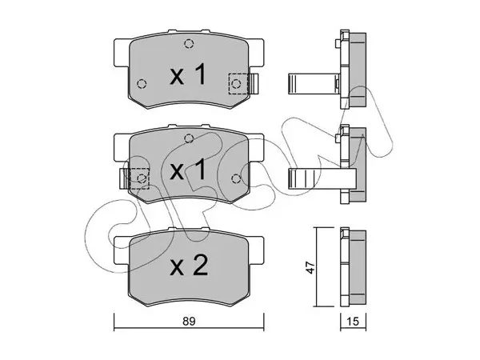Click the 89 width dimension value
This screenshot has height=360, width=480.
pos(189,322)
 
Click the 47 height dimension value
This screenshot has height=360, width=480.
pos(311,267)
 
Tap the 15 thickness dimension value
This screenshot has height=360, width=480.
pos(353,322)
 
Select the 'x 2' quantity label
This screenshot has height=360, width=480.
pos(189,266)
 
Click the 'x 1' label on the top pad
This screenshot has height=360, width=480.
pos(188,75)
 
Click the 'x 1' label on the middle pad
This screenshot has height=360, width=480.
pos(188,170)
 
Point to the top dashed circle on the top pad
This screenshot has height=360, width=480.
pos(189,44)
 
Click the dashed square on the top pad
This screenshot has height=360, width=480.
pos(238,83)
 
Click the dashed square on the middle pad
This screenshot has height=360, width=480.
pos(138,178)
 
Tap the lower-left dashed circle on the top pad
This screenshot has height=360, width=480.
pos(142,83)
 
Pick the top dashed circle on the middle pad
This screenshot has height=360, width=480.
pos(189,138)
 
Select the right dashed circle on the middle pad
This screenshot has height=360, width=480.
pos(236,178)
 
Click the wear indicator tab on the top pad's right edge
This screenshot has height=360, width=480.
pos(254,83)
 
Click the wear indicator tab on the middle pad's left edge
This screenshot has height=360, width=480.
pos(124,178)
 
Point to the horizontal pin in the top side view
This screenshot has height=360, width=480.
pos(314,83)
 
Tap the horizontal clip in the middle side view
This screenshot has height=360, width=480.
pos(322,178)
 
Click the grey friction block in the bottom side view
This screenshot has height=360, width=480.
pos(358,267)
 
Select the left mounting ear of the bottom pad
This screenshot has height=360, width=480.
pos(122,250)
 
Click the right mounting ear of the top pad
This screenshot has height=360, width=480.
pos(256,53)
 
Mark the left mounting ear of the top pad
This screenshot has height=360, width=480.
pos(122,53)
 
